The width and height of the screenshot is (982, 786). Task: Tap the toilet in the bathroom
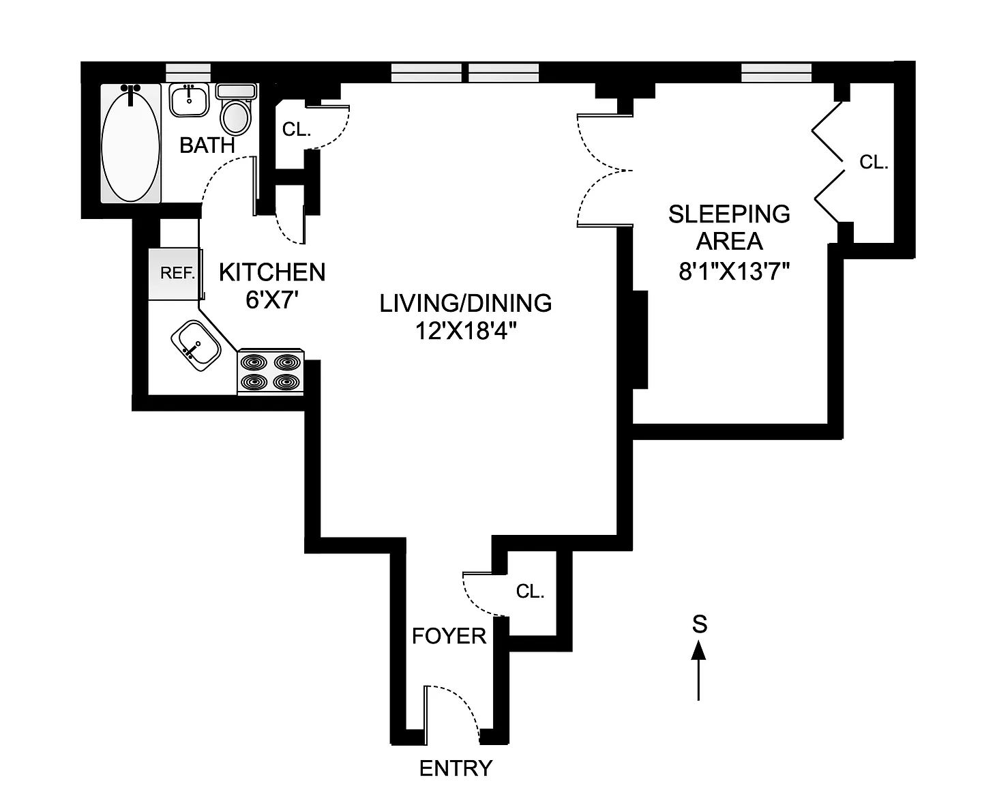[x=236, y=113]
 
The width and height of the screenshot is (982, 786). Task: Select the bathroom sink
[x=188, y=100]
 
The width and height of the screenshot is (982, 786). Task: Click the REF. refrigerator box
[x=177, y=273]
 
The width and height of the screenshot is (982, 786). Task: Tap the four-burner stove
[x=271, y=373]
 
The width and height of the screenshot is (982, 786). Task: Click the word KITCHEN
[x=272, y=272]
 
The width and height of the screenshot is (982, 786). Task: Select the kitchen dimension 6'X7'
[x=273, y=300]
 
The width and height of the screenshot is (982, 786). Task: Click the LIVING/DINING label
[x=466, y=303]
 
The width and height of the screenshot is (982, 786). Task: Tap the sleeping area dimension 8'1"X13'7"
[x=734, y=272]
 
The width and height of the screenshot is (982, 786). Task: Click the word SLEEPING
[x=729, y=214]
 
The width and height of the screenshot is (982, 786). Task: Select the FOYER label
[x=449, y=636]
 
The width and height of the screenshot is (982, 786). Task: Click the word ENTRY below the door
[x=456, y=768]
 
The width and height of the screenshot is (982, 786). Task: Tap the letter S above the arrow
[x=699, y=624]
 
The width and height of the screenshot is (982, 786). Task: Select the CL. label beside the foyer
[x=530, y=592]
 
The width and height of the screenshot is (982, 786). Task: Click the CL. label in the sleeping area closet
[x=874, y=162]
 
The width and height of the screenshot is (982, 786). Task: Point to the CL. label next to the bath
[x=297, y=130]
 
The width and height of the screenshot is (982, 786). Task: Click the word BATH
[x=207, y=145]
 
